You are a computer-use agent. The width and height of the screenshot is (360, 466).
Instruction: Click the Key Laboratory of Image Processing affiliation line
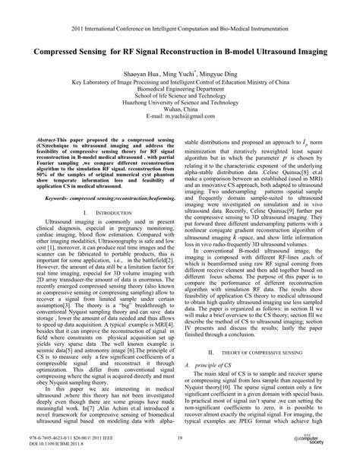[180, 84]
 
